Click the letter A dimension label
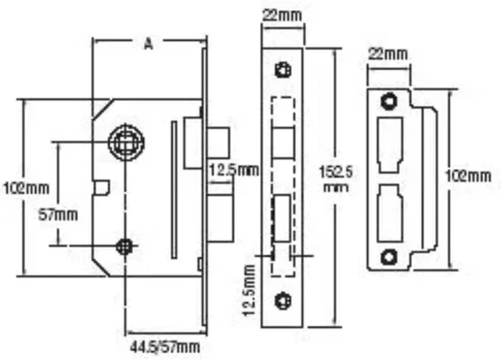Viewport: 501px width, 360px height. click(x=147, y=45)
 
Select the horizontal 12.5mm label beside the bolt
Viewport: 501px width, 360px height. click(x=233, y=170)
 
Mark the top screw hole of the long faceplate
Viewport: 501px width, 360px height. click(x=282, y=70)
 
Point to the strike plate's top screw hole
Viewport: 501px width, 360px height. click(x=388, y=100)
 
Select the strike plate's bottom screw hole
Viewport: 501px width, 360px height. click(x=388, y=256)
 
